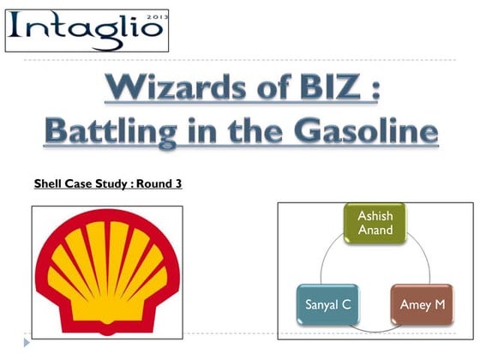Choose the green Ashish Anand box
tap(375, 224)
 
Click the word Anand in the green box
tap(375, 231)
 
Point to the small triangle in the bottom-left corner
tap(27, 343)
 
